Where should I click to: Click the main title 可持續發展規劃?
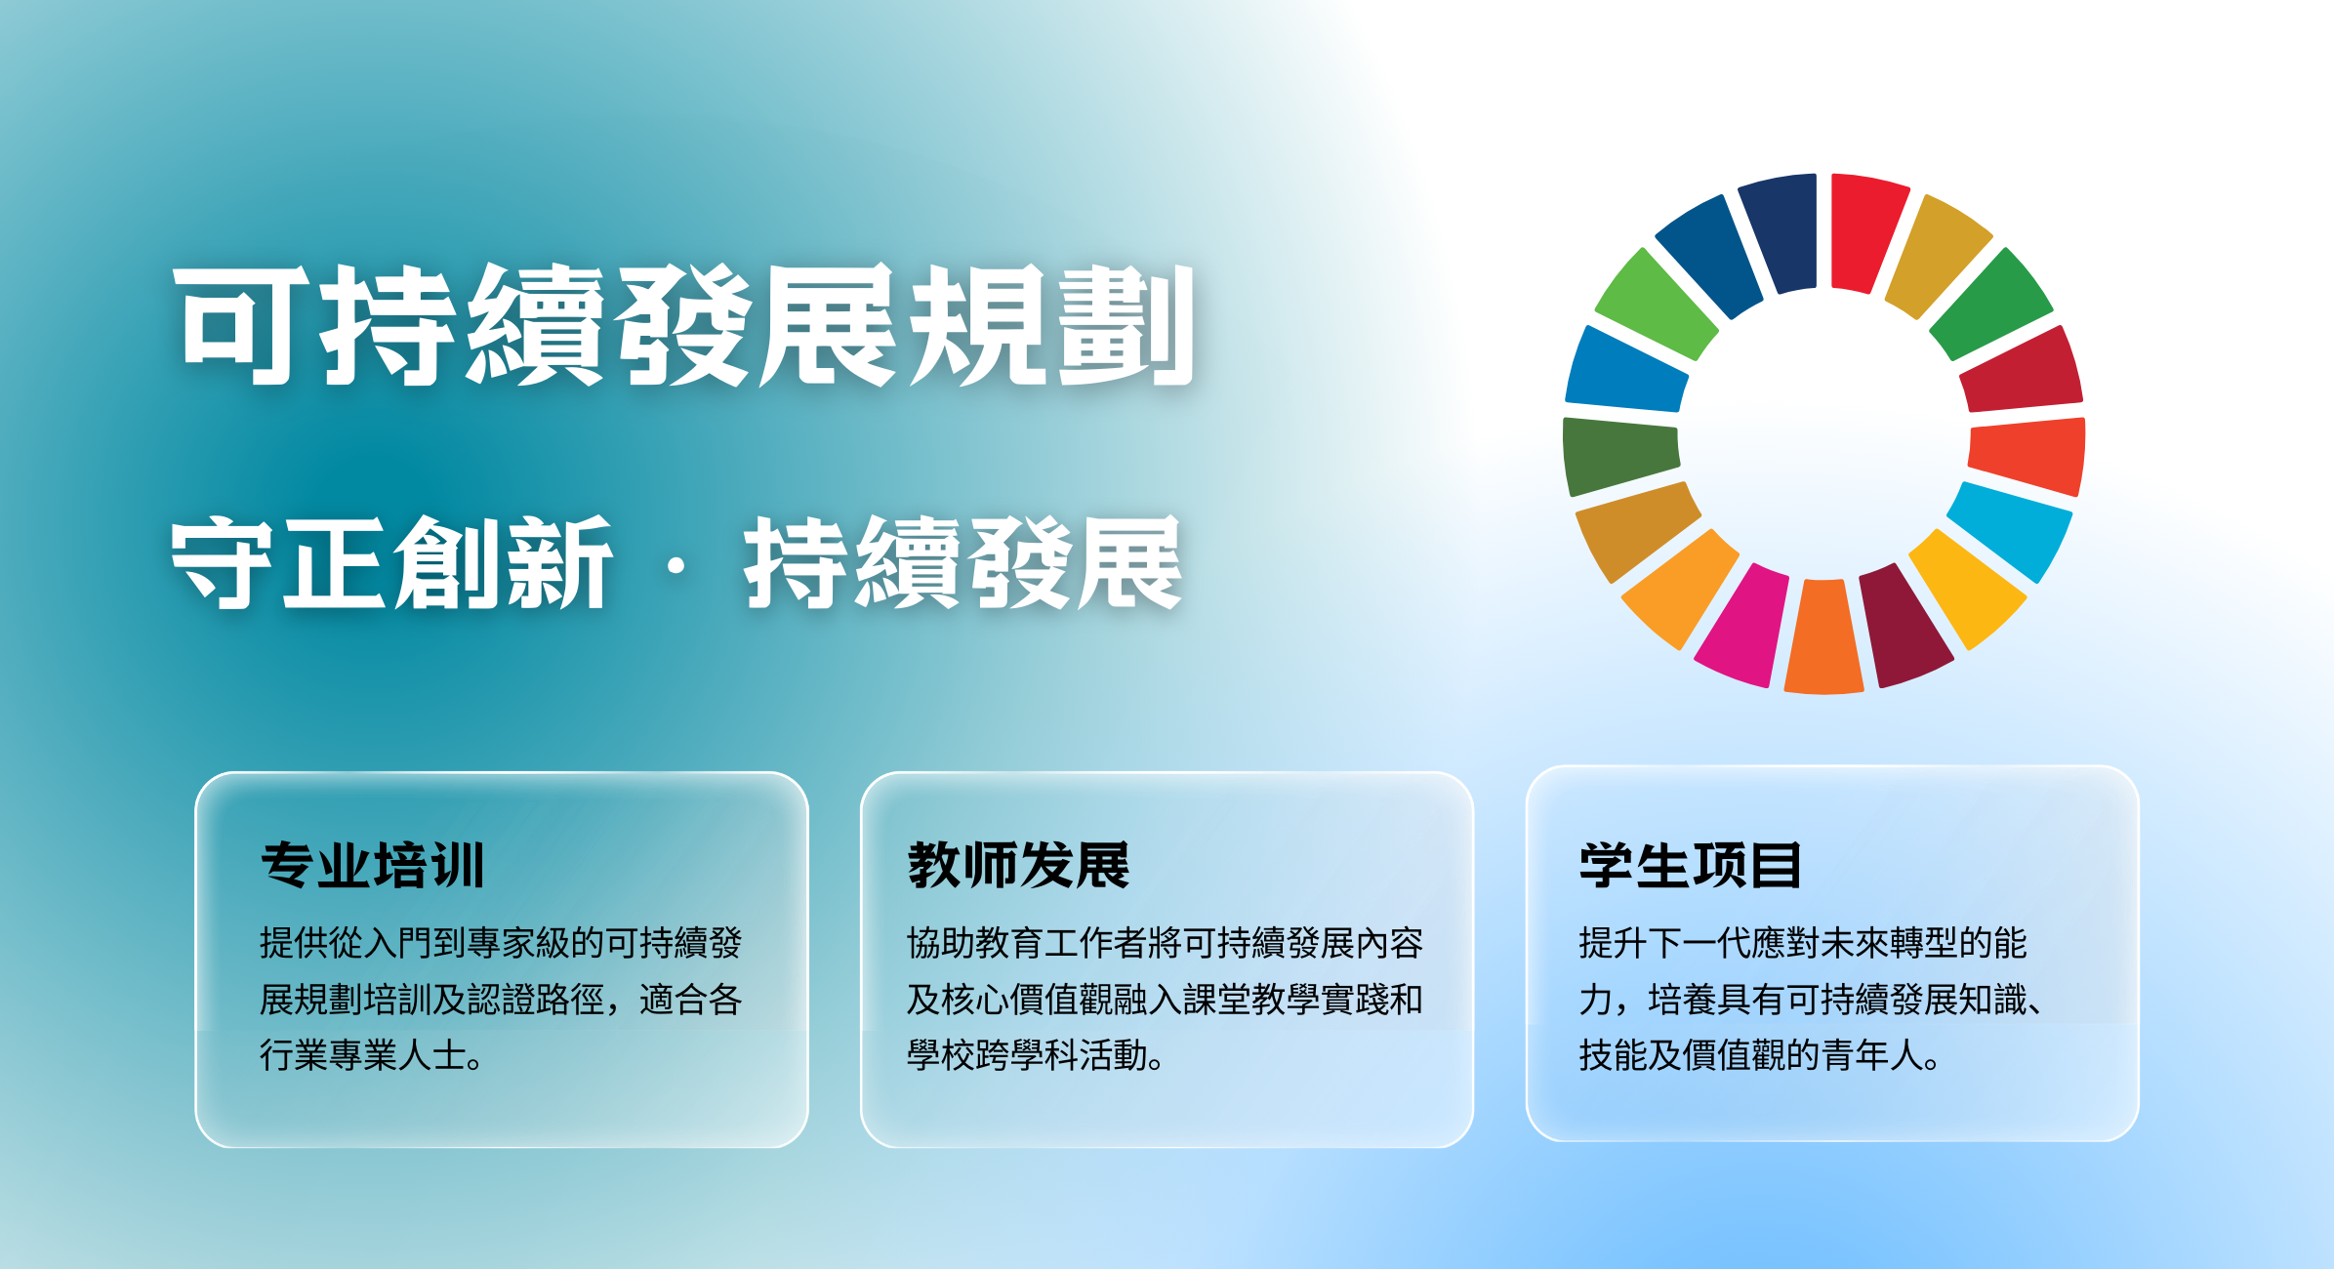[684, 325]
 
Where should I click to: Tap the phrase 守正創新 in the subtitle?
[391, 563]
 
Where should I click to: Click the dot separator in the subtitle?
[676, 565]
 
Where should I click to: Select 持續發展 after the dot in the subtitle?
[962, 563]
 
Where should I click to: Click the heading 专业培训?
[373, 865]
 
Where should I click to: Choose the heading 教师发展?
[1018, 865]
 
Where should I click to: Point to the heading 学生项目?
[1690, 865]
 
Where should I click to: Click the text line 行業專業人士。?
[372, 1055]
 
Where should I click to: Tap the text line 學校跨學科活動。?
[1036, 1055]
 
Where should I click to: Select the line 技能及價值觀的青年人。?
[1760, 1055]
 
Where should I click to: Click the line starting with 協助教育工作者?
[1165, 943]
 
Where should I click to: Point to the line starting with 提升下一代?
[1803, 943]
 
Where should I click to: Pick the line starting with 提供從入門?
[501, 943]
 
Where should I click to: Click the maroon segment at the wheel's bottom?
[1903, 626]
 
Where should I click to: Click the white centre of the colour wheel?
[1823, 434]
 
